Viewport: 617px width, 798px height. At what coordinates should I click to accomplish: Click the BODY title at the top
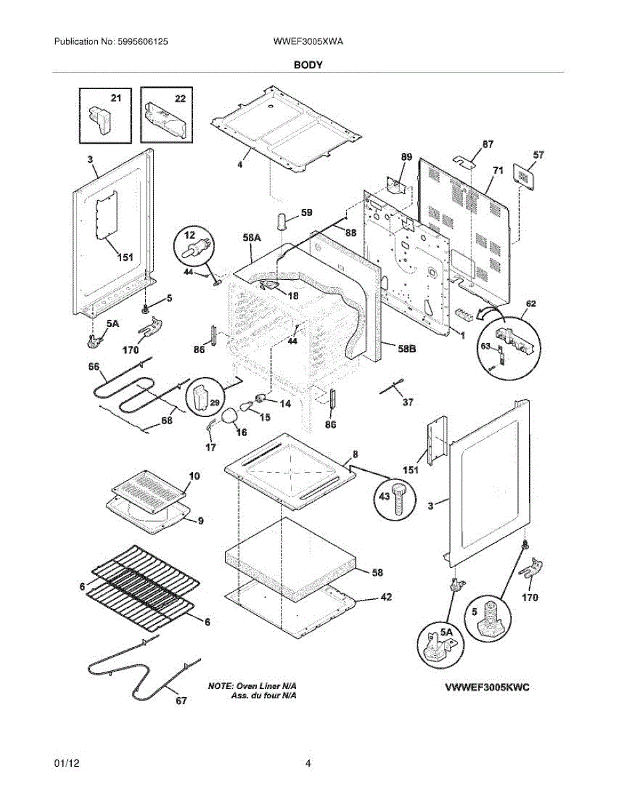(x=308, y=65)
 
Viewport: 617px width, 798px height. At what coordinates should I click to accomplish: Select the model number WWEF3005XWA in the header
(x=308, y=41)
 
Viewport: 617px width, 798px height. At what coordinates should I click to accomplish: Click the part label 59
(x=306, y=213)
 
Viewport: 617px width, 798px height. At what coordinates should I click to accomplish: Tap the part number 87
(x=488, y=144)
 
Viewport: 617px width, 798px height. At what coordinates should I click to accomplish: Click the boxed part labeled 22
(x=166, y=115)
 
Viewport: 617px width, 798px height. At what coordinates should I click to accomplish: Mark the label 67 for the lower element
(x=181, y=700)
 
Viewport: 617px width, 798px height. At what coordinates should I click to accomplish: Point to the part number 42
(x=385, y=597)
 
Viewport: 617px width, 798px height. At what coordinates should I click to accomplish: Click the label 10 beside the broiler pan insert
(x=194, y=476)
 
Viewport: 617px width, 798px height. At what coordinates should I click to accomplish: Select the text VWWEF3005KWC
(x=487, y=687)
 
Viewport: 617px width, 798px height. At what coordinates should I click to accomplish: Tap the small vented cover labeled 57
(x=526, y=176)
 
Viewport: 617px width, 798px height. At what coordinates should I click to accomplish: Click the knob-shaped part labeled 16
(x=230, y=417)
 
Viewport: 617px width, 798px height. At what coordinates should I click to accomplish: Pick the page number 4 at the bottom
(x=308, y=763)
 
